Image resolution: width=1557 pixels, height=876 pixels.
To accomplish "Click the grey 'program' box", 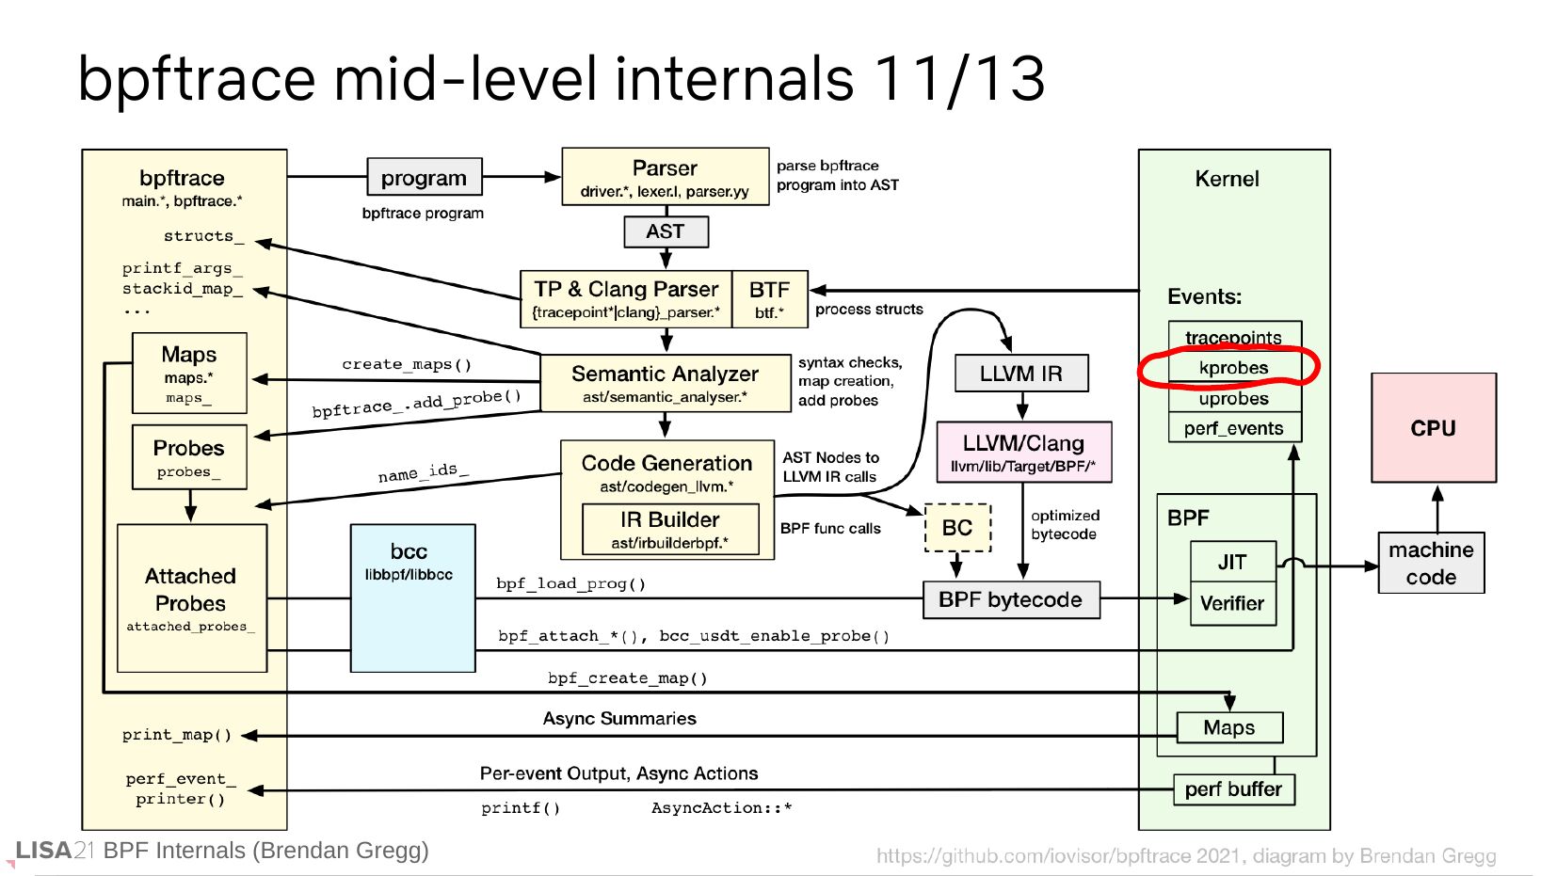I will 424,177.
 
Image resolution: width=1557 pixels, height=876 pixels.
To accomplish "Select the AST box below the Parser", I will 666,231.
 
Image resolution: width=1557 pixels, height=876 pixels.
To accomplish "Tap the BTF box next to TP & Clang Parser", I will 769,299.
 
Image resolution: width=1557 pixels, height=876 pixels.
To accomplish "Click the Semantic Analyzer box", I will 665,383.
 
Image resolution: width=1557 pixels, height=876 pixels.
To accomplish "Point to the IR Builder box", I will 670,529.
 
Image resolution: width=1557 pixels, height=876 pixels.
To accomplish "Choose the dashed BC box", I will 957,528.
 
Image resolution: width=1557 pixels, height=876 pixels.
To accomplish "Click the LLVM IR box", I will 1020,374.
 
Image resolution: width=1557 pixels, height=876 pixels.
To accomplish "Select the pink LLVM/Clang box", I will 1023,452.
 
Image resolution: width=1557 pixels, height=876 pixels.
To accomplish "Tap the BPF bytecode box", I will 1011,600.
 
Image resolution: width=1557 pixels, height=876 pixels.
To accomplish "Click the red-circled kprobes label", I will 1233,368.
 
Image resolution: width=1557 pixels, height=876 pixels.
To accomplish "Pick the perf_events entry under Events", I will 1234,428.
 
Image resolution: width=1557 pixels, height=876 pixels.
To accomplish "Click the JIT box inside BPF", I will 1232,562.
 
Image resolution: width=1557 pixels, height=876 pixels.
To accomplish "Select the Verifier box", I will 1232,604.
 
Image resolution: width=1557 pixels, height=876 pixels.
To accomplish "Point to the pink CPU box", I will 1433,428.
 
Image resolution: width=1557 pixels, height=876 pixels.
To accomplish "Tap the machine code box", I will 1431,563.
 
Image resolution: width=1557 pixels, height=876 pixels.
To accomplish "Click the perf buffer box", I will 1233,789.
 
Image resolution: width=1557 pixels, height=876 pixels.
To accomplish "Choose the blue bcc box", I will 412,598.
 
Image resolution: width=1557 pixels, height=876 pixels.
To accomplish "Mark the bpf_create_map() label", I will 628,678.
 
